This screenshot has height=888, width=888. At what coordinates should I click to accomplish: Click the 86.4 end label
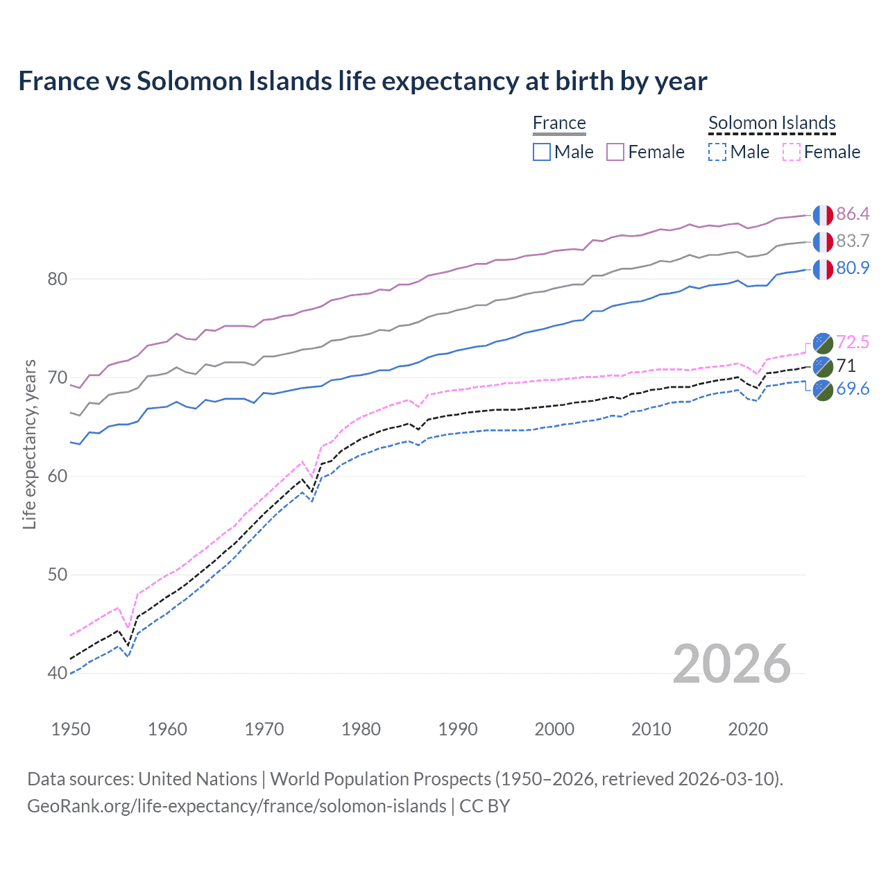point(853,214)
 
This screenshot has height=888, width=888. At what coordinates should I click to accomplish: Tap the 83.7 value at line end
point(853,241)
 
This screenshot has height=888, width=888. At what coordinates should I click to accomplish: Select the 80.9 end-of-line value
point(853,268)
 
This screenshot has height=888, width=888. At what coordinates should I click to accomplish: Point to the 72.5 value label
point(853,342)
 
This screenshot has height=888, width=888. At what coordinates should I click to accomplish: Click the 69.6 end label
point(853,388)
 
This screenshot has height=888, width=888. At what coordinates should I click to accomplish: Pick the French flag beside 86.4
point(823,215)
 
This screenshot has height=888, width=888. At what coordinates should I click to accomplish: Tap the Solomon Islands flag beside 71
point(823,366)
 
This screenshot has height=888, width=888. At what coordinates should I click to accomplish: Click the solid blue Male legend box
point(542,152)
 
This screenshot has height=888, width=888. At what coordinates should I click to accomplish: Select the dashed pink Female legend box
point(792,152)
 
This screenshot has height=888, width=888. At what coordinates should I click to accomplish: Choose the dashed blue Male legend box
point(717,152)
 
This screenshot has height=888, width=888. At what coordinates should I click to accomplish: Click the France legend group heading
point(559,123)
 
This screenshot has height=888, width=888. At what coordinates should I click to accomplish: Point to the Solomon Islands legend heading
point(771,123)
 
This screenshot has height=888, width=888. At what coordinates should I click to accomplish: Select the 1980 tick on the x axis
point(361,729)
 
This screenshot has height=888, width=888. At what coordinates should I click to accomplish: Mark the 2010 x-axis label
point(651,729)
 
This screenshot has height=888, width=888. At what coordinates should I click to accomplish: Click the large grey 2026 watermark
point(732,664)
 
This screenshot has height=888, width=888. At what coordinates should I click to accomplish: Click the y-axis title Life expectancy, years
point(29,444)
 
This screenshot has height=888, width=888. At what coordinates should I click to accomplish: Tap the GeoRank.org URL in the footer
point(237,806)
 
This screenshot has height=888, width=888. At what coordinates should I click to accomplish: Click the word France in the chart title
point(59,81)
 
